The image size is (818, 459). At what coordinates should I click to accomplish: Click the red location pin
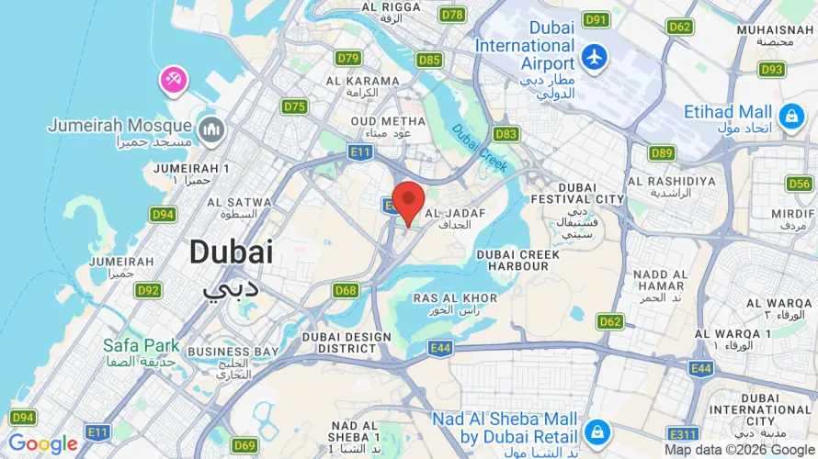[x=408, y=200]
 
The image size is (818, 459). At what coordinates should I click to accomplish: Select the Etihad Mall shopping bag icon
[x=790, y=116]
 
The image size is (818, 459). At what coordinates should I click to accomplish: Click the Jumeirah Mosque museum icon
[x=211, y=129]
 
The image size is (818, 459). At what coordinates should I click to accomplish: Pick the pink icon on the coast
[x=173, y=80]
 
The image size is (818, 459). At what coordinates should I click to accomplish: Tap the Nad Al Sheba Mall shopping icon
[x=597, y=430]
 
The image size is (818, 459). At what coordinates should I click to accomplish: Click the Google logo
[x=43, y=444]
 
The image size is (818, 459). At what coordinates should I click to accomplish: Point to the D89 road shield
[x=662, y=153]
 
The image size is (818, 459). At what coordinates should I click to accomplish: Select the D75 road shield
[x=294, y=106]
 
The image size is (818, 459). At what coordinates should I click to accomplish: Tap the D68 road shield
[x=346, y=291]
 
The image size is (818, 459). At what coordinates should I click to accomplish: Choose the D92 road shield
[x=148, y=291]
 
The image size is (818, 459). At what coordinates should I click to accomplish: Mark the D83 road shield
[x=506, y=134]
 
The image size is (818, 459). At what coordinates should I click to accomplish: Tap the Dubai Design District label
[x=346, y=342]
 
